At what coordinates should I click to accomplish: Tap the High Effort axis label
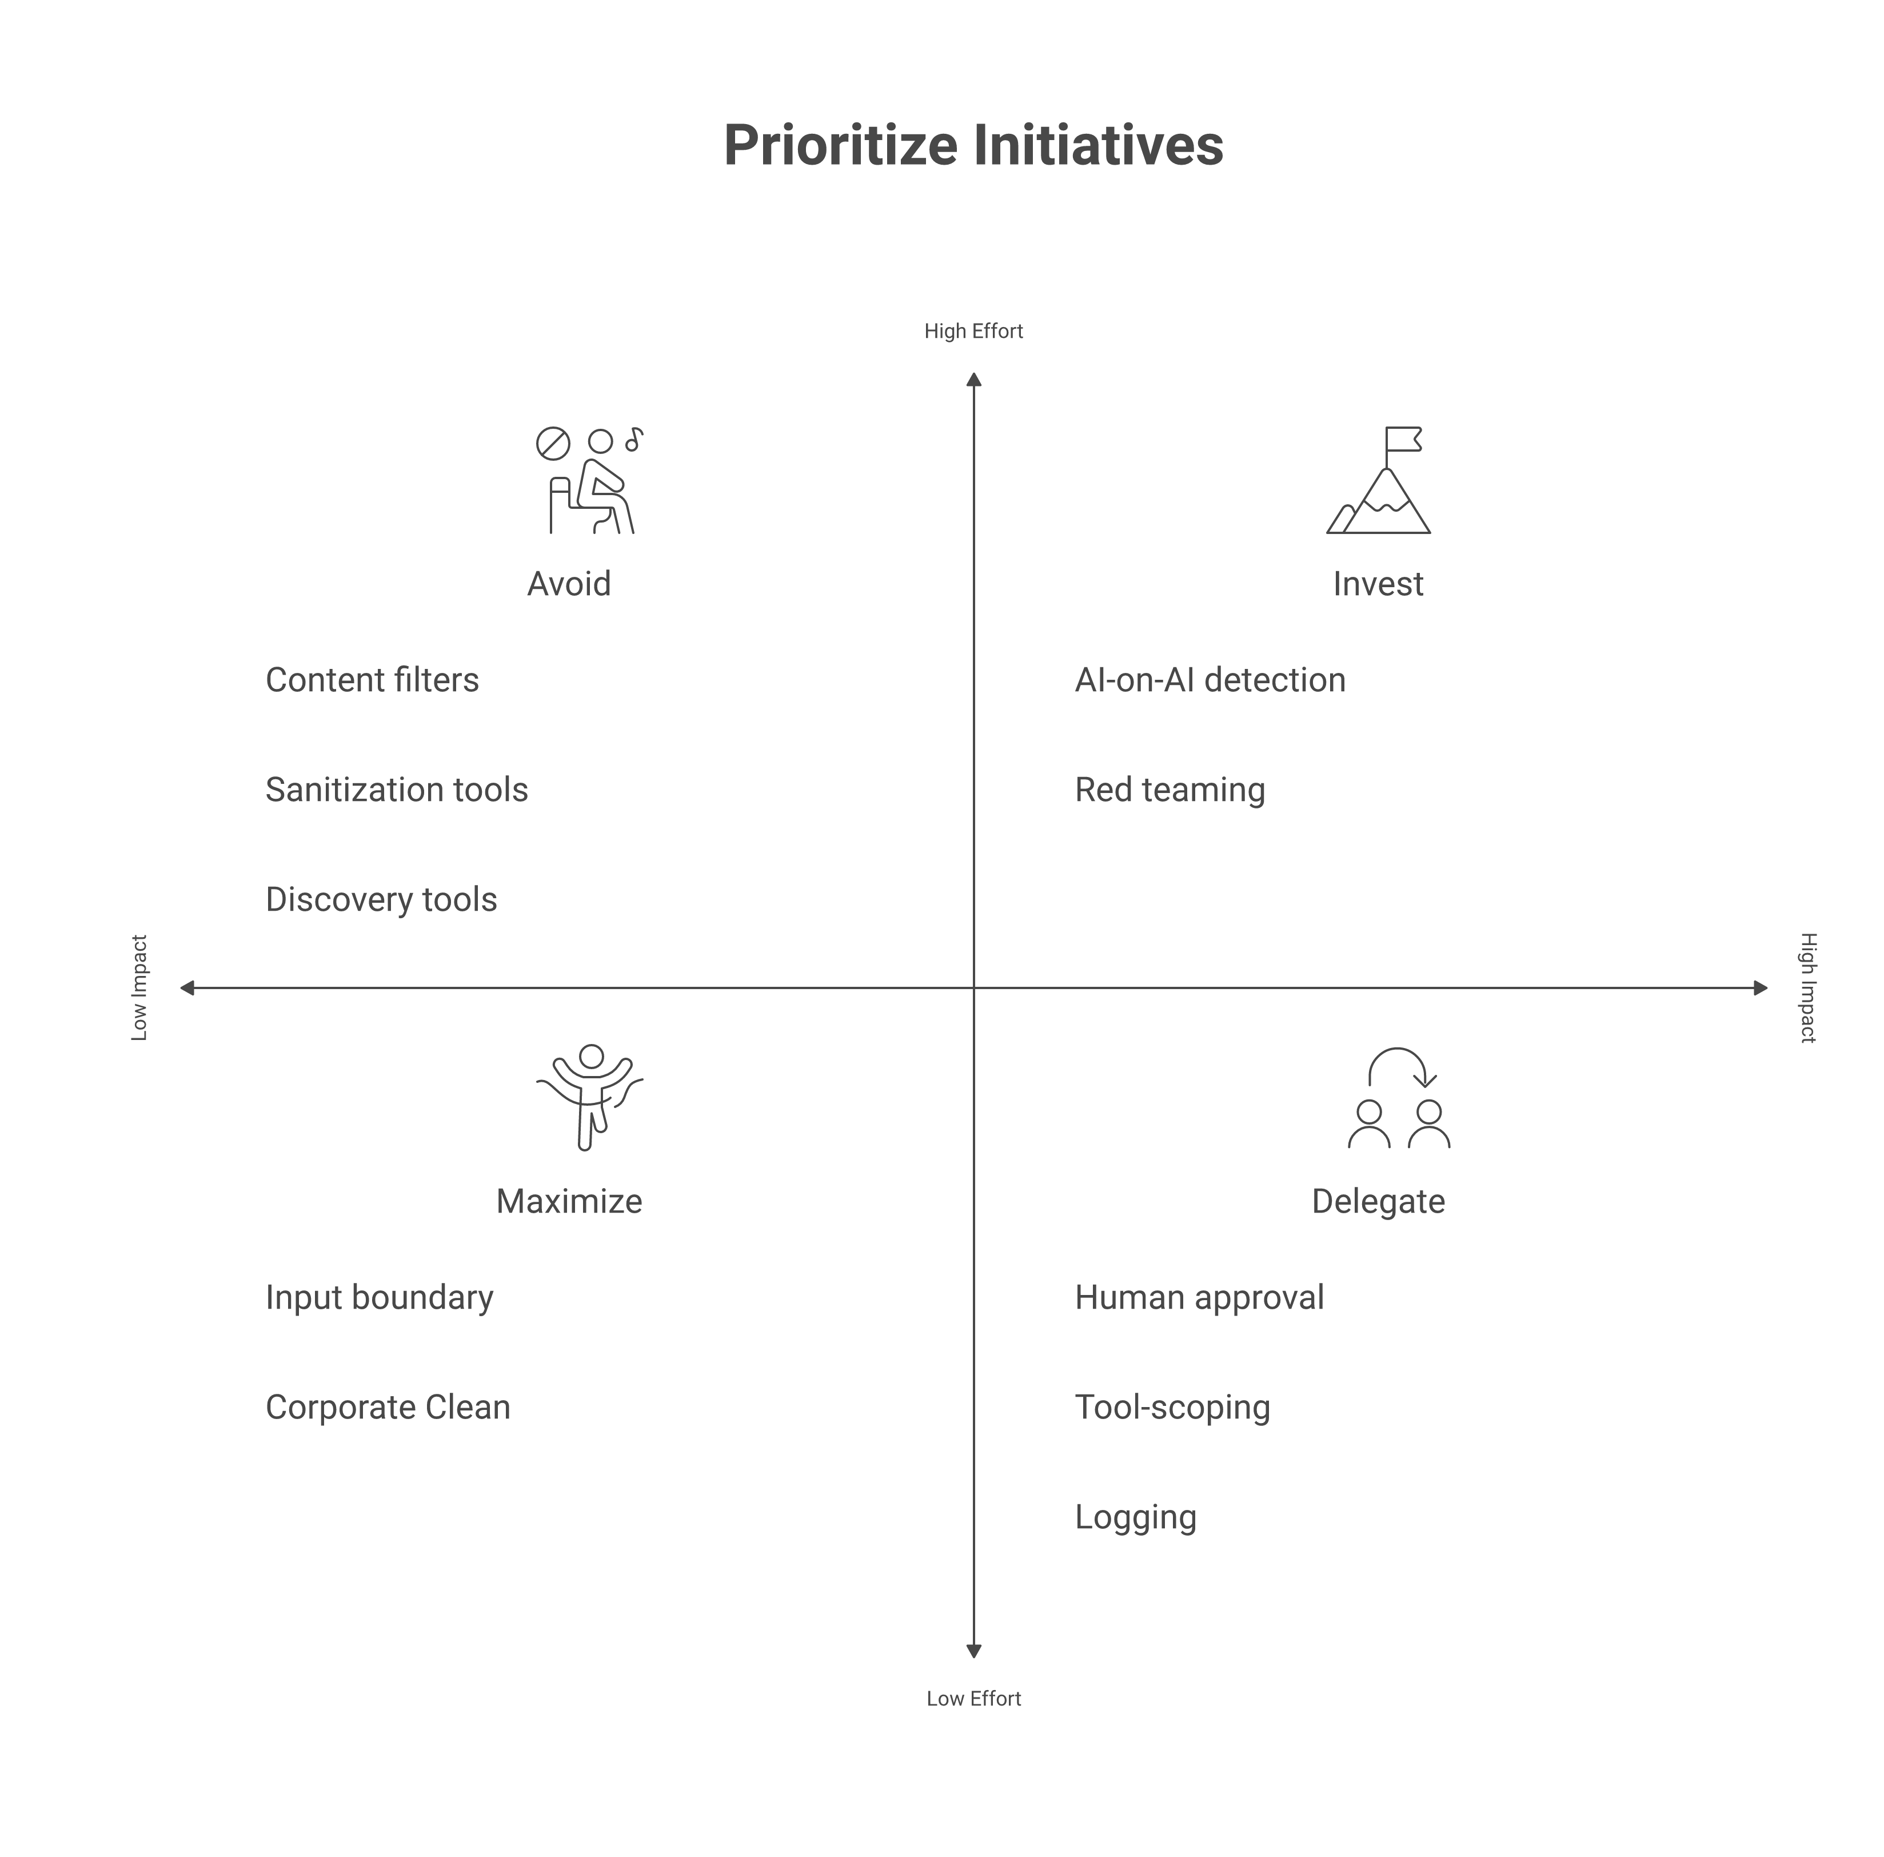point(973,332)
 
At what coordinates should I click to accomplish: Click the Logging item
point(1135,1517)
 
